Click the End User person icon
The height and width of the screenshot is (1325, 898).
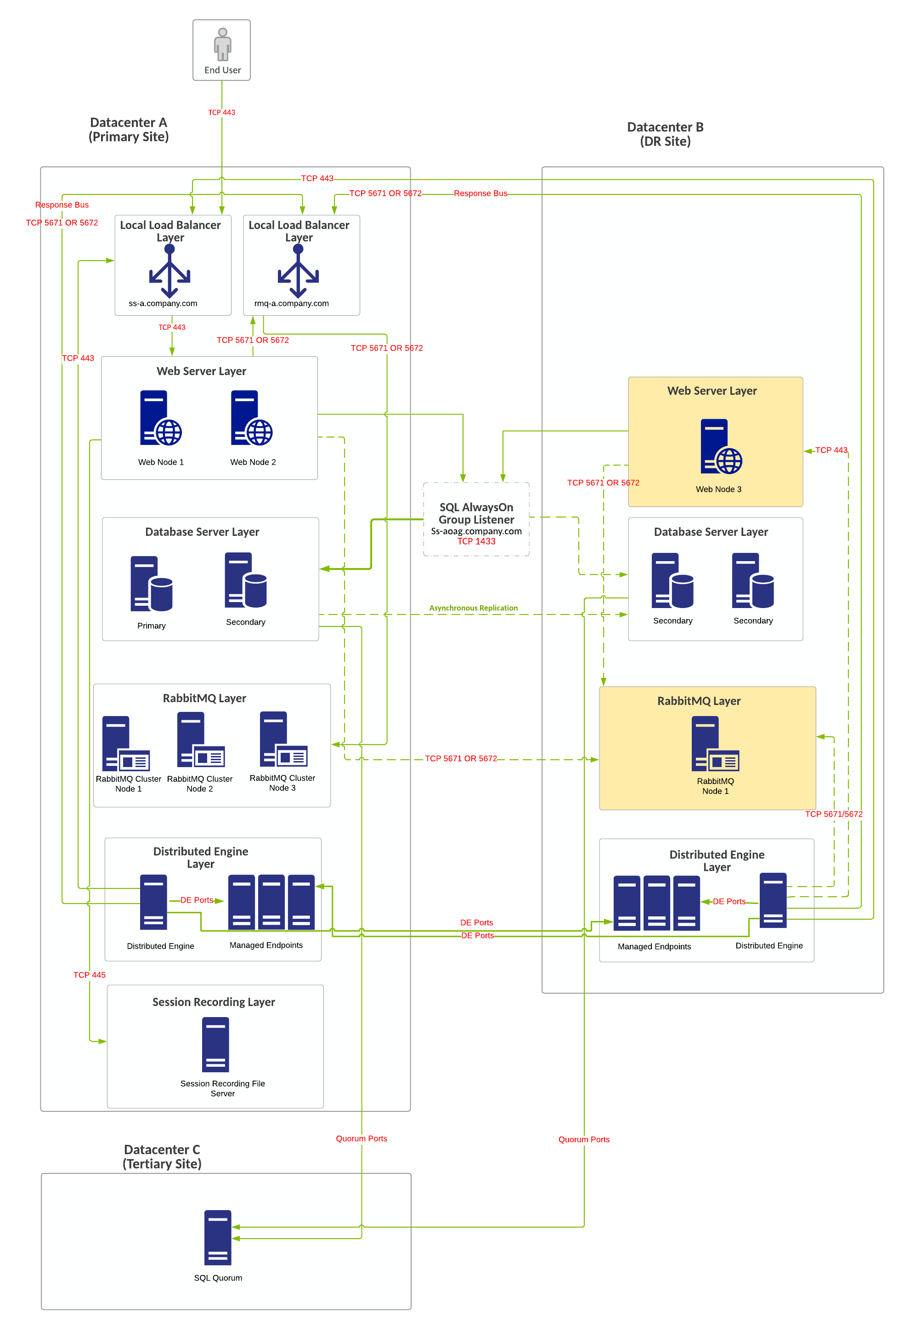pos(222,44)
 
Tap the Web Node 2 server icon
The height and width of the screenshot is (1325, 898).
pos(251,418)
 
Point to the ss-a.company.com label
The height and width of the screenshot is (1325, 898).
pos(163,303)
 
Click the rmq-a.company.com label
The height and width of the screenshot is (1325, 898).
pos(291,303)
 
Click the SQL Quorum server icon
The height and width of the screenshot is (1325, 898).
pos(218,1237)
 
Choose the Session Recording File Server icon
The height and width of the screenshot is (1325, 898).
pos(215,1045)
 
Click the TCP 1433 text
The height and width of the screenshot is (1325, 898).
pos(476,541)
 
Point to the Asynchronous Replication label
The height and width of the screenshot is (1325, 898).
pos(473,608)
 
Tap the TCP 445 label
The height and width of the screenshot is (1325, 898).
pos(90,975)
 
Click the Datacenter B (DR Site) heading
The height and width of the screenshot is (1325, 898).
pos(665,134)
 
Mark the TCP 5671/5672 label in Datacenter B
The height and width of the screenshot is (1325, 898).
pos(833,814)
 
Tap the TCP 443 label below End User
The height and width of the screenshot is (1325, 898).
pos(222,112)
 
